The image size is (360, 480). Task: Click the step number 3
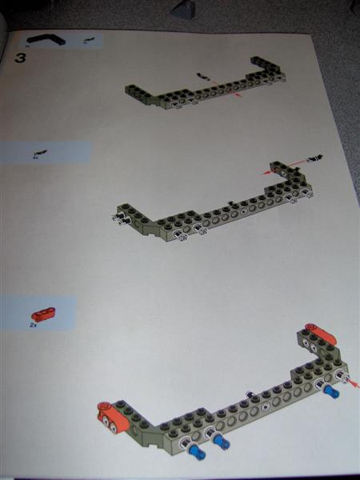point(22,58)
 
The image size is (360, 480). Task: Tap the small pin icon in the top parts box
point(87,39)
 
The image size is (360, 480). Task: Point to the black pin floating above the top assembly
point(203,77)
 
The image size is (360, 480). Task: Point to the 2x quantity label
point(34,326)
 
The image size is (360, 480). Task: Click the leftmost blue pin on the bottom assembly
point(197,452)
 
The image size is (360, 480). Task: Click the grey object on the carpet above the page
point(184,9)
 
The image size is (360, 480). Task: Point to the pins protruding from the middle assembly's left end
point(122,217)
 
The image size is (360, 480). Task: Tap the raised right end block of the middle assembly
point(280,170)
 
